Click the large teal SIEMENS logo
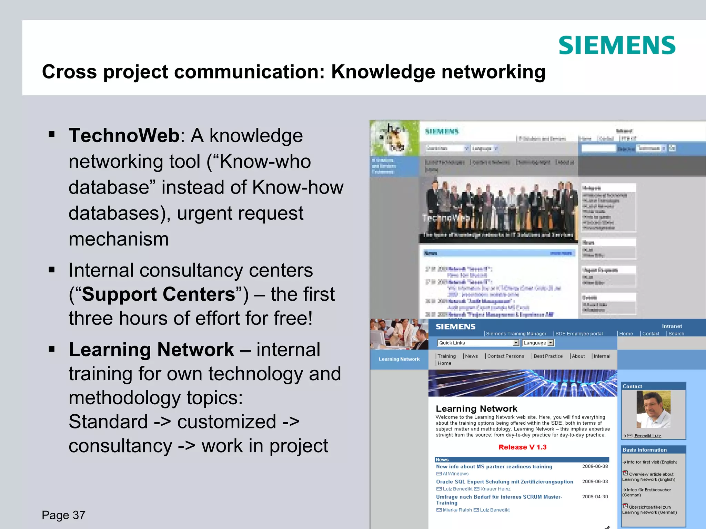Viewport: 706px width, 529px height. tap(617, 45)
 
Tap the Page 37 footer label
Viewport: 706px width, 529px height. tap(63, 515)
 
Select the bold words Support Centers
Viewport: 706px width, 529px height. tap(159, 294)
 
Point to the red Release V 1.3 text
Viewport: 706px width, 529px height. tap(522, 447)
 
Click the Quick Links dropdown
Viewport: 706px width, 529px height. tap(478, 343)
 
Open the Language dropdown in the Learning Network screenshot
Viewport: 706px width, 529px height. tap(538, 343)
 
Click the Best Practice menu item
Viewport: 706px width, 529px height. tap(548, 356)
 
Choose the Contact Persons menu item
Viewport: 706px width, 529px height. tap(505, 356)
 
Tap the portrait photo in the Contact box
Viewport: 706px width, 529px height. tap(653, 409)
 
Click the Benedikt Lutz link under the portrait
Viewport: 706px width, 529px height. tap(647, 436)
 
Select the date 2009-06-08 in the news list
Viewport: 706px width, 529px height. tap(595, 466)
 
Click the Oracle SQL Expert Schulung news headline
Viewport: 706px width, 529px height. tap(504, 481)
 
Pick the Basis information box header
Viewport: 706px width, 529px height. tap(644, 450)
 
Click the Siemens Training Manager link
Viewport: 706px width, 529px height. tap(516, 333)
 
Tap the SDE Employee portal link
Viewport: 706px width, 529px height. tap(579, 333)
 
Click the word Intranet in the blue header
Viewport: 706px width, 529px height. tap(672, 326)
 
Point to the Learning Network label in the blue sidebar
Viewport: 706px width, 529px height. tap(399, 359)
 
